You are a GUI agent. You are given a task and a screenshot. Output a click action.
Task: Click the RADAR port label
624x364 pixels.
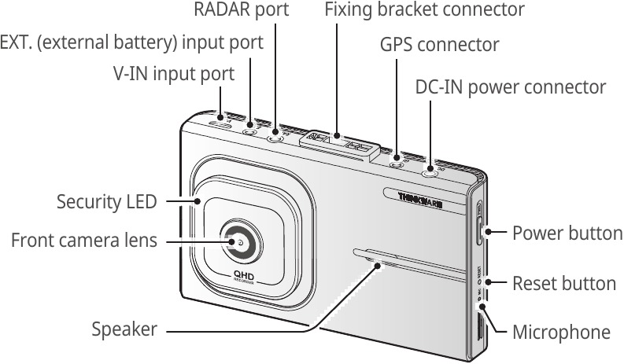pos(241,10)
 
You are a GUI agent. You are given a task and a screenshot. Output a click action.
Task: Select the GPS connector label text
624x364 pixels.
pos(439,45)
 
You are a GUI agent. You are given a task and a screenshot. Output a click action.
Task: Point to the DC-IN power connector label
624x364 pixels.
pos(510,86)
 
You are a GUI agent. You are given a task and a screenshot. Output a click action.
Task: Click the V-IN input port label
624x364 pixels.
pos(173,74)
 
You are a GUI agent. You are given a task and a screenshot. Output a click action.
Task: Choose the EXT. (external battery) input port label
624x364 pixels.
pos(131,42)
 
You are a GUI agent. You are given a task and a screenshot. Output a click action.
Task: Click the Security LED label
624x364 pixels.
pos(106,201)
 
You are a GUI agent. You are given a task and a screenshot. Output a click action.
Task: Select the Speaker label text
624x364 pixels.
pos(124,329)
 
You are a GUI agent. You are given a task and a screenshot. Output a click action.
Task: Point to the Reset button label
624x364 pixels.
pos(563,282)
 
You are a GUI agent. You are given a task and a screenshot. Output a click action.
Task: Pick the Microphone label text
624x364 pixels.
pos(560,332)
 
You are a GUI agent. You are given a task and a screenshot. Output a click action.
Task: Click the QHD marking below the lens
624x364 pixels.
pos(242,274)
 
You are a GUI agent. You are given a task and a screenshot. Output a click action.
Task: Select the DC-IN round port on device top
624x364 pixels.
pos(430,173)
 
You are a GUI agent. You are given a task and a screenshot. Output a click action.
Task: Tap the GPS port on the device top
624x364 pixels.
pos(397,164)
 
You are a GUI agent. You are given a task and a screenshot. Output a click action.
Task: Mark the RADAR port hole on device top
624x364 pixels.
pos(275,138)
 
